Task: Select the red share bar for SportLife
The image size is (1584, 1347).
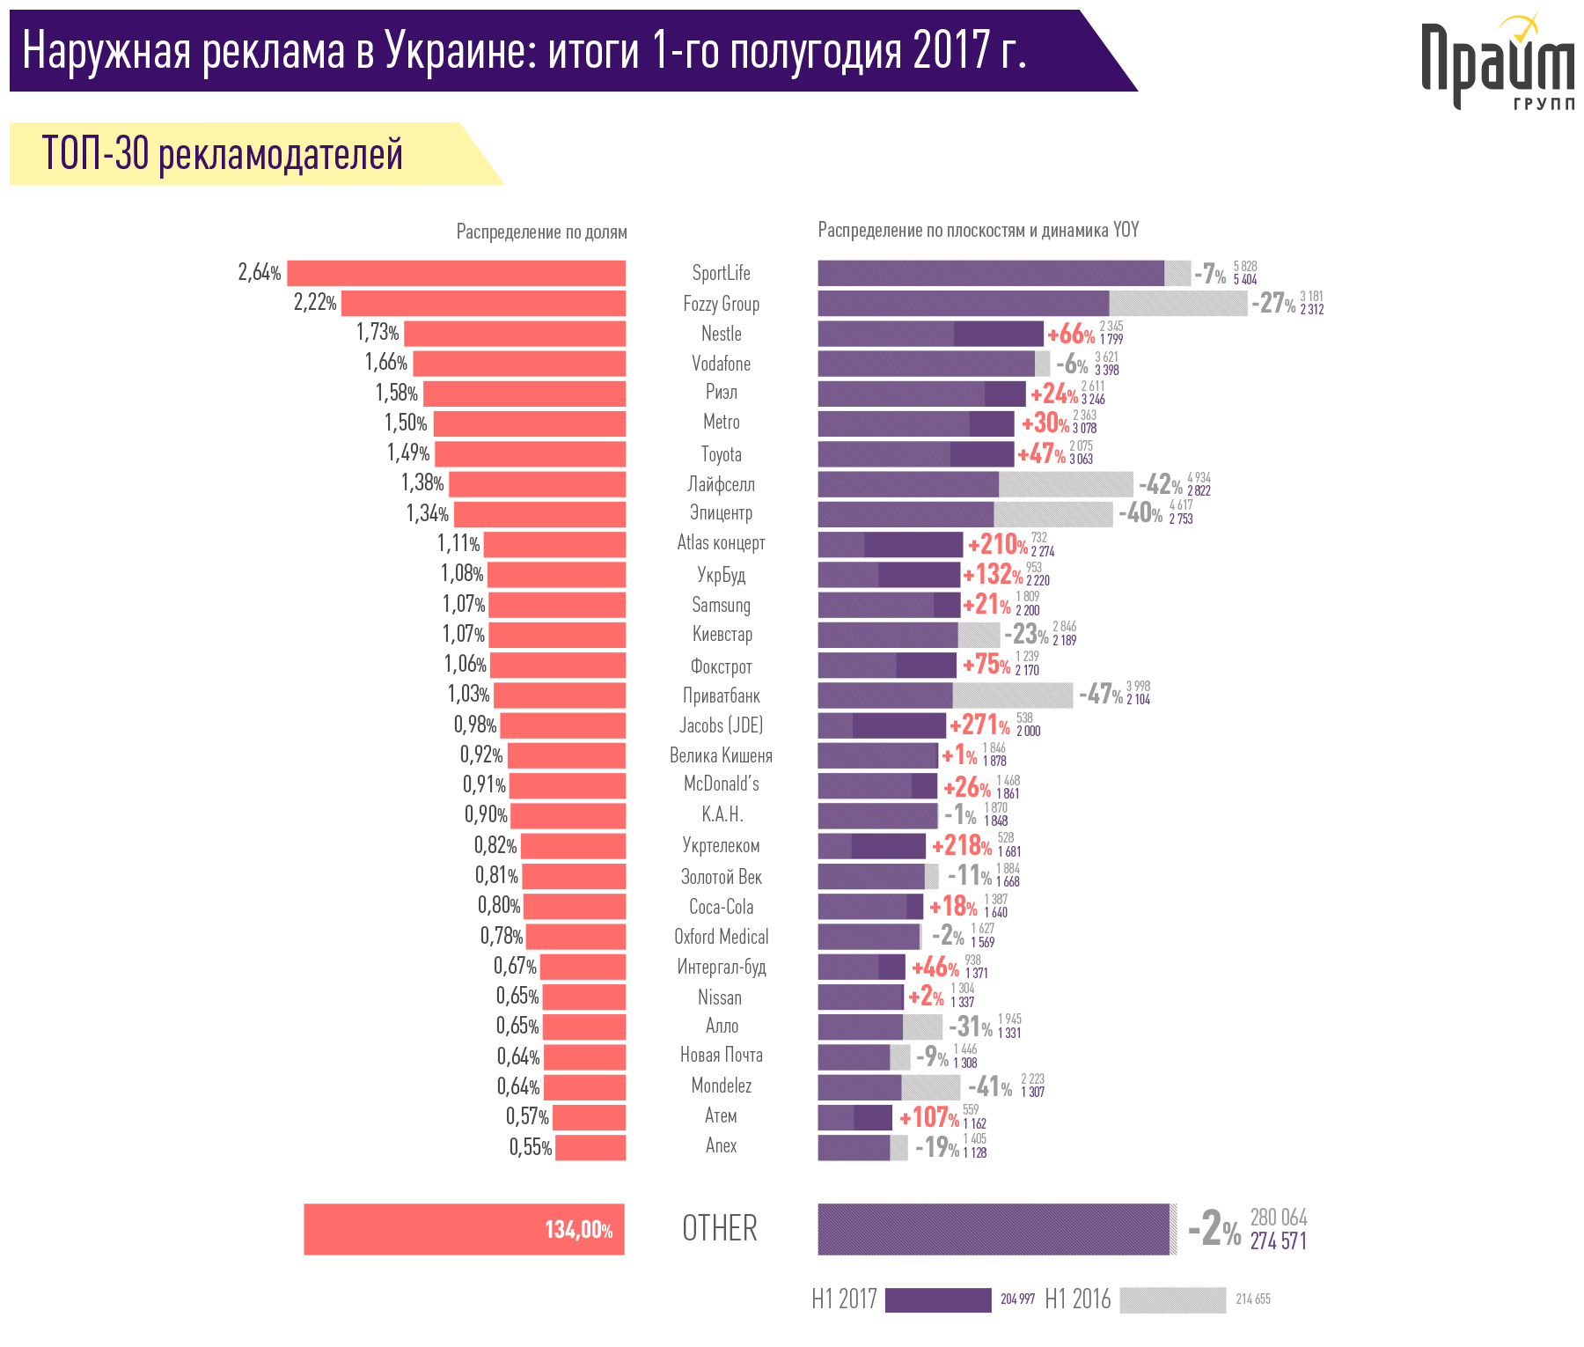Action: [x=456, y=273]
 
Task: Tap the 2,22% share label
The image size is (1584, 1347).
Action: [x=315, y=303]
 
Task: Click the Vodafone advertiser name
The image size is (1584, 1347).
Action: [x=721, y=364]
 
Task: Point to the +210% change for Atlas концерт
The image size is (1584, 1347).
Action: [x=997, y=545]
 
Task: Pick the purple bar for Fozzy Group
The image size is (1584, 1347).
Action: [x=963, y=304]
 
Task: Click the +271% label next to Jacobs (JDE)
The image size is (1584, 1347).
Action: [x=979, y=725]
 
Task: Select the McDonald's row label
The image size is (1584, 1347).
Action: [x=721, y=784]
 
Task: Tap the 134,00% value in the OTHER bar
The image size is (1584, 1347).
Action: [x=578, y=1230]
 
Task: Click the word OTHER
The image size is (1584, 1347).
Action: [x=720, y=1229]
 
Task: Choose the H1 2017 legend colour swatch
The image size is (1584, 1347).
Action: [x=937, y=1300]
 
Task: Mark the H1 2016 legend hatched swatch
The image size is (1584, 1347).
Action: [x=1172, y=1300]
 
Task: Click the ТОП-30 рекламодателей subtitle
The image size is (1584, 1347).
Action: [x=223, y=154]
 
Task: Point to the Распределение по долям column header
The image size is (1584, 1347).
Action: [x=541, y=232]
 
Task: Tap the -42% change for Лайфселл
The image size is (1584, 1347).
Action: [x=1160, y=484]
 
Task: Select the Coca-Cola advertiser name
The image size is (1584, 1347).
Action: [x=721, y=907]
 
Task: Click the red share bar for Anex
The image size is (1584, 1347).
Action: [x=590, y=1147]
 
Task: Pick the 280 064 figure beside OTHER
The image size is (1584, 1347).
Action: [x=1278, y=1218]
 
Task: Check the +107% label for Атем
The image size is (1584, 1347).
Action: [x=928, y=1118]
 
